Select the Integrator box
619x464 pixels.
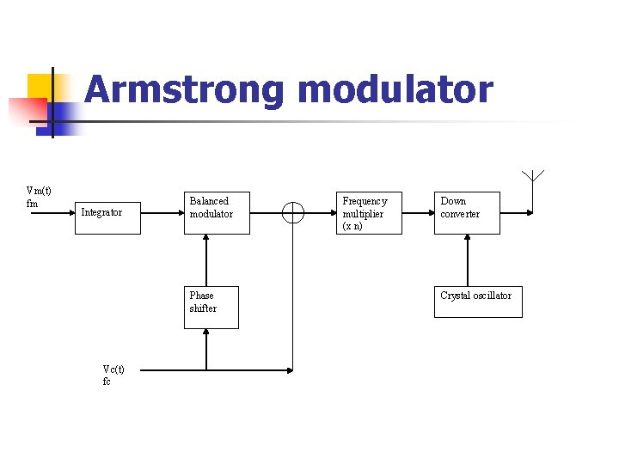point(107,212)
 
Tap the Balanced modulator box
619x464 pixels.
point(217,212)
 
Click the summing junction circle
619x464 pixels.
point(293,212)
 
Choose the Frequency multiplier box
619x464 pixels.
point(369,212)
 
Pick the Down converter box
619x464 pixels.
point(466,212)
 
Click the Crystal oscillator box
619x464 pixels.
point(477,302)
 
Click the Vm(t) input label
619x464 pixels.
point(39,191)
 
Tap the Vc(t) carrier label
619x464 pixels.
point(113,369)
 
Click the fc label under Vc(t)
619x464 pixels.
point(107,382)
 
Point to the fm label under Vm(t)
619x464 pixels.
point(33,204)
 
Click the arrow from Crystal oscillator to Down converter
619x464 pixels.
point(467,260)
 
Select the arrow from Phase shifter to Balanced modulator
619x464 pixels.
point(206,260)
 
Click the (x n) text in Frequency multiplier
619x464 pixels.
point(352,226)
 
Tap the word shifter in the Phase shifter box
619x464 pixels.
point(203,308)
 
